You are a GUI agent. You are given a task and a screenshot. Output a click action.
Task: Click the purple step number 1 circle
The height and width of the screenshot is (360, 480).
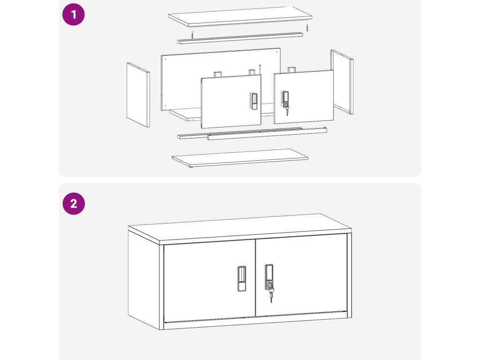coord(74,15)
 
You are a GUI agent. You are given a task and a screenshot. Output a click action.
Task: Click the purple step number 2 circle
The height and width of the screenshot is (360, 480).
coord(74,203)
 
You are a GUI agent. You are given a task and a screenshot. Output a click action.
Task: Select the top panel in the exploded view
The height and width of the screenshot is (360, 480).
coord(240,16)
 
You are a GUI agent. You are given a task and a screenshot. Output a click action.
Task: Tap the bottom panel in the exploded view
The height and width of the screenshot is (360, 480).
coord(240,158)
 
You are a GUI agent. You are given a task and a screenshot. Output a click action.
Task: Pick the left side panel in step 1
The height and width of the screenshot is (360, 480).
coord(138,95)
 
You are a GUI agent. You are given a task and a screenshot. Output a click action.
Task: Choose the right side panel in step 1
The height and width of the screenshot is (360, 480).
coord(342,82)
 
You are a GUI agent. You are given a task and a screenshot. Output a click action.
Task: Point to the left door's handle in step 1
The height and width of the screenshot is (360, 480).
coord(253,101)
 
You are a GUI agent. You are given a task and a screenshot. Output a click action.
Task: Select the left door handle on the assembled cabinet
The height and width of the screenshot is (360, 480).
coord(241,278)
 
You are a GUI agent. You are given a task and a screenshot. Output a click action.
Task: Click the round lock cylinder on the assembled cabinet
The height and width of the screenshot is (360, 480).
coord(270,285)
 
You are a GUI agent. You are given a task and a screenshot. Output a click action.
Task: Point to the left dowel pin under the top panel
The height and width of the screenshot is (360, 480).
coord(192,35)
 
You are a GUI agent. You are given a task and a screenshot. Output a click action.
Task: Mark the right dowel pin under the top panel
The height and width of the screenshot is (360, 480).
coord(307,28)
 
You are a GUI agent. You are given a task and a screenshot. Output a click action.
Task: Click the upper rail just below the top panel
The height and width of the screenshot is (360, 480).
coord(240,38)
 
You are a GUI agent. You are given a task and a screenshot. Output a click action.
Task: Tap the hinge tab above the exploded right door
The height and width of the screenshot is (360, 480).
coord(291,70)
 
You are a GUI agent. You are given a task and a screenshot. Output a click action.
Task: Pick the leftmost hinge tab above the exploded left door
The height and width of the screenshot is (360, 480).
coord(217,75)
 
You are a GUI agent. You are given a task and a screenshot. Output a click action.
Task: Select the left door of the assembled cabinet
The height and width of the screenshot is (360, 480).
coord(210,281)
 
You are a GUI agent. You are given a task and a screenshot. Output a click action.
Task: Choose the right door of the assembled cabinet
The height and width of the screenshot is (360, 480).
coord(301,275)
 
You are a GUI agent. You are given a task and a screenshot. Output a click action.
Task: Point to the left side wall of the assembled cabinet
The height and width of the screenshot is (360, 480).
coord(144,280)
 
